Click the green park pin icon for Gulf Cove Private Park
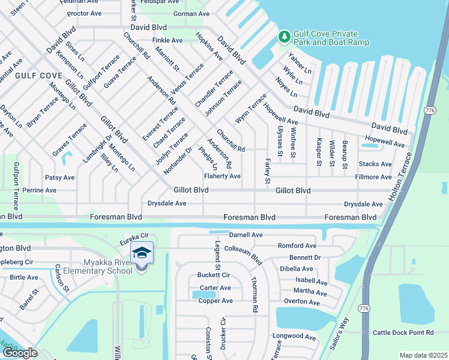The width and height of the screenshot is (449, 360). [x=284, y=38]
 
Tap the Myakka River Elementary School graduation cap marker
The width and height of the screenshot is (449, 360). [x=142, y=254]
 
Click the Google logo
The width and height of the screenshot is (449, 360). [x=19, y=353]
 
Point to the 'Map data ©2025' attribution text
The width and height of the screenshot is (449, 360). [x=423, y=355]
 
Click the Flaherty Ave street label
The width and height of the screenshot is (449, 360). [x=222, y=176]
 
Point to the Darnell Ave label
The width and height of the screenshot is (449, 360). [x=246, y=235]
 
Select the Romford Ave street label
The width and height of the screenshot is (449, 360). [x=297, y=246]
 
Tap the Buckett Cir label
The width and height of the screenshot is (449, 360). [x=214, y=275]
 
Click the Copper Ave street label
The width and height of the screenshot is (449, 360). [x=215, y=301]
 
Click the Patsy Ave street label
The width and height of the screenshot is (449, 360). [x=59, y=178]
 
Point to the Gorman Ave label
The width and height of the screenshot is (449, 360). [x=191, y=14]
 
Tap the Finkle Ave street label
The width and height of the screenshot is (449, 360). [x=167, y=40]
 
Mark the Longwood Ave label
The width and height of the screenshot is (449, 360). [x=294, y=337]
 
